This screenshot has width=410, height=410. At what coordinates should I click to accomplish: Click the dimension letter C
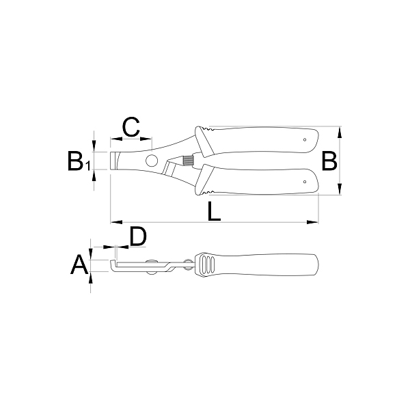coord(131,127)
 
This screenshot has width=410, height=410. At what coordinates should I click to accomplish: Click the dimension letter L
coord(214,211)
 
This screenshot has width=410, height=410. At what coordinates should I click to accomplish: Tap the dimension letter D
coord(138,236)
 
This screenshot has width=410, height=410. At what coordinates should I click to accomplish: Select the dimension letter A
coord(79,264)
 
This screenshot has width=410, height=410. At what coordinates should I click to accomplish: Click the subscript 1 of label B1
coord(87,166)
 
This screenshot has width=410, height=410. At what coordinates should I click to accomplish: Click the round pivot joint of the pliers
coord(152,161)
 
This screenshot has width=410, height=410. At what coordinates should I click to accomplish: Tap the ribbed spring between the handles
coord(187,161)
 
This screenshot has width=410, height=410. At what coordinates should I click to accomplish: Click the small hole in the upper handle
coord(305,139)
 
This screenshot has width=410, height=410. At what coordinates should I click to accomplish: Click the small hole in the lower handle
coord(305,182)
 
